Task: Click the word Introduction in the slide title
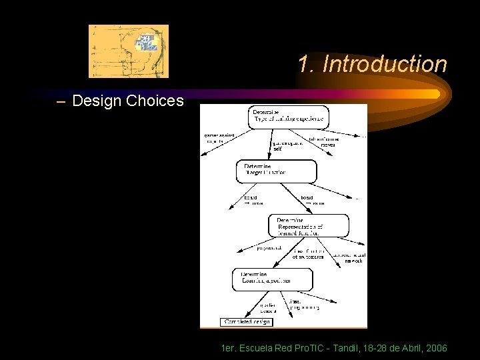coord(384,65)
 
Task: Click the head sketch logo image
coord(129,51)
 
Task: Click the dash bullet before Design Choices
coord(61,102)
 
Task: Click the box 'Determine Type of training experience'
coord(288,115)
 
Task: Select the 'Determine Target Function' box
coord(274,170)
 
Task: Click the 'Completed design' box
coord(247,322)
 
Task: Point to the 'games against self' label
coord(288,145)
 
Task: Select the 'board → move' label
coord(252,199)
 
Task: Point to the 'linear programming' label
coord(303,305)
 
